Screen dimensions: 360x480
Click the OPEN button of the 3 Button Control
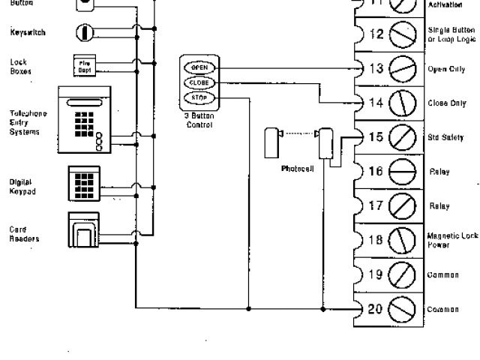click(199, 67)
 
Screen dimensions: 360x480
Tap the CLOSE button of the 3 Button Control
click(199, 83)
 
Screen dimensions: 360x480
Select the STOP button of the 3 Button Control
click(199, 98)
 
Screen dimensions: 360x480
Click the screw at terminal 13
click(403, 69)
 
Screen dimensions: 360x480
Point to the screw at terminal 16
click(403, 172)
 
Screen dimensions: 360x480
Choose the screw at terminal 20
click(403, 308)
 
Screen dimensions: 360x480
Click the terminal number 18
click(376, 240)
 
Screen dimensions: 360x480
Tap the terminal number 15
click(376, 137)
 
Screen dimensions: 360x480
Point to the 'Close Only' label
click(447, 103)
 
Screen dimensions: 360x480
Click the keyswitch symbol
click(85, 32)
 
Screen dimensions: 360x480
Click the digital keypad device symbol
click(84, 183)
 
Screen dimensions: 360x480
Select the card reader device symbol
click(84, 229)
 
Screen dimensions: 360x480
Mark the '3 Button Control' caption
click(199, 120)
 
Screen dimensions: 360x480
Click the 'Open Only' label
click(447, 69)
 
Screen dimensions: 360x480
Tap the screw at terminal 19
click(403, 274)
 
